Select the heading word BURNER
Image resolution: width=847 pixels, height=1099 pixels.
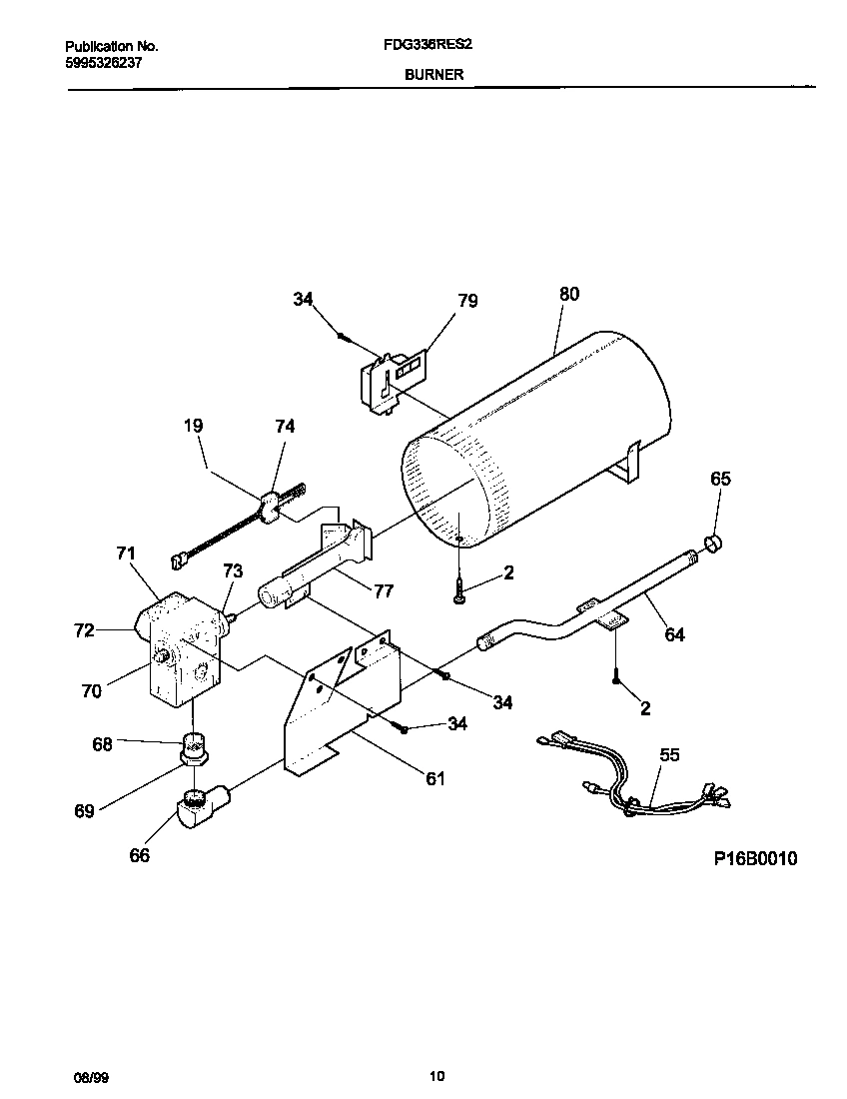point(433,75)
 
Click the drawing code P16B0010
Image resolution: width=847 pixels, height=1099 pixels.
point(755,859)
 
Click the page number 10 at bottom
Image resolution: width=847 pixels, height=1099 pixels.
point(436,1076)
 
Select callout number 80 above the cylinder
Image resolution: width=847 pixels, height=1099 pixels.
point(568,294)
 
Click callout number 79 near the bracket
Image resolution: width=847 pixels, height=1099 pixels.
point(467,300)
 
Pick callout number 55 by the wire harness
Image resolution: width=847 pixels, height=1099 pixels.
point(668,755)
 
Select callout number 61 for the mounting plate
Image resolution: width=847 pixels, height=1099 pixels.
point(435,778)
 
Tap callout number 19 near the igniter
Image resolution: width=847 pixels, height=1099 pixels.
point(193,427)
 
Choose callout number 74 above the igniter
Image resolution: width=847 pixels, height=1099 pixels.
point(285,427)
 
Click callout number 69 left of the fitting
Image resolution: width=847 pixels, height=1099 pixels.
point(83,811)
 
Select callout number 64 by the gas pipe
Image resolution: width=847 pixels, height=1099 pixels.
point(675,633)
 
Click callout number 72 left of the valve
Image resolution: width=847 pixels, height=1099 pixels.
point(83,630)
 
